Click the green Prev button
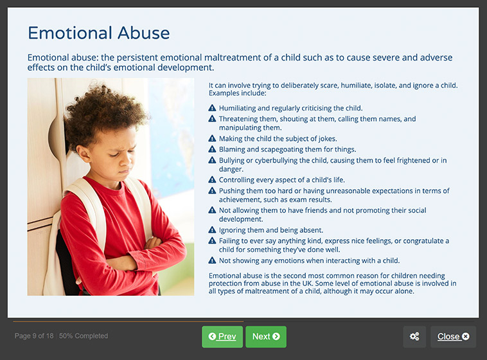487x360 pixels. coord(222,337)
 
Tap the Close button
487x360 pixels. coord(453,337)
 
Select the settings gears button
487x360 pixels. coord(414,337)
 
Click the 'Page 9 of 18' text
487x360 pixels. coord(34,336)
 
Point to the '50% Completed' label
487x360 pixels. coord(84,336)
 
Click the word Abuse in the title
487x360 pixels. coord(143,33)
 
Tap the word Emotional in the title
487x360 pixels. coord(70,33)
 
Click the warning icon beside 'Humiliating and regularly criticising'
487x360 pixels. coord(212,108)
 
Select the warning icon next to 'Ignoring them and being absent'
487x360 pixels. coord(212,230)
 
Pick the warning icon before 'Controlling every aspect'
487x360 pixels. coord(212,179)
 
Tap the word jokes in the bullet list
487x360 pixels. coord(328,139)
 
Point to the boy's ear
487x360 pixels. coord(84,153)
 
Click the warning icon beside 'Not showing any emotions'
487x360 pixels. coord(212,260)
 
